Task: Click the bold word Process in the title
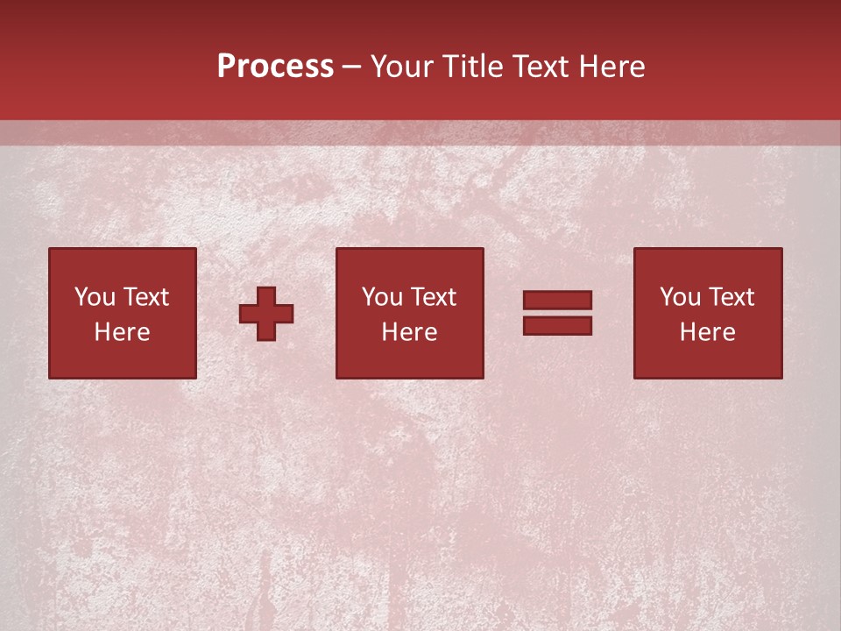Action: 275,67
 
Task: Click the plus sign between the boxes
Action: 266,313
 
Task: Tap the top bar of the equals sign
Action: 557,300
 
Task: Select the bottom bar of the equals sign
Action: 557,326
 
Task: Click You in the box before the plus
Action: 95,297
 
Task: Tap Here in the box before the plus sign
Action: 122,332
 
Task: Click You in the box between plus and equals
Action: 383,297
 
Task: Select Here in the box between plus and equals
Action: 409,332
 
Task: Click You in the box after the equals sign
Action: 681,297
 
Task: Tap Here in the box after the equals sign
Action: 707,332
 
